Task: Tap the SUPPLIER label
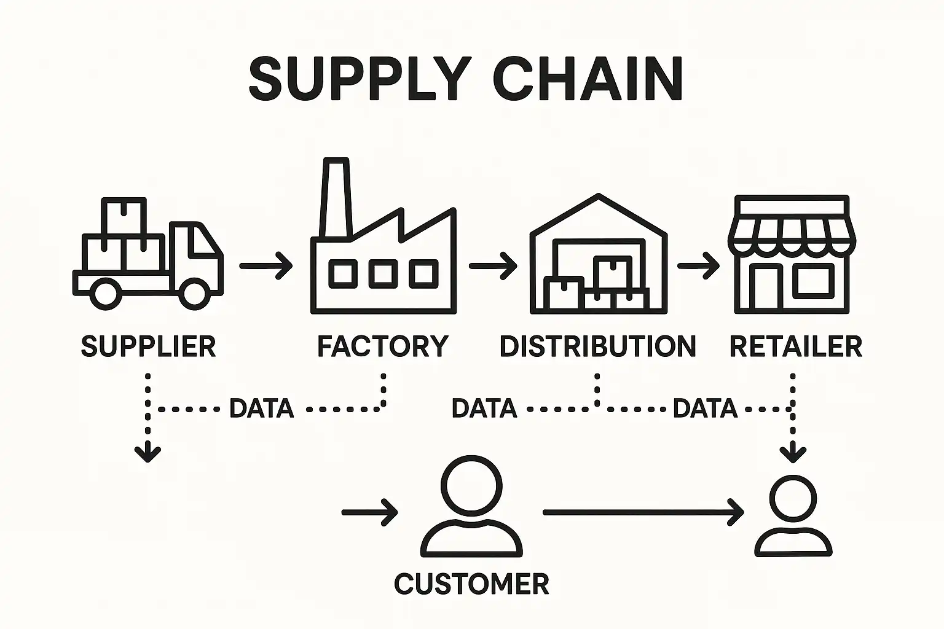coord(148,346)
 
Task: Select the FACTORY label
coord(382,346)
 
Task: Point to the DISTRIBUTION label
coord(597,346)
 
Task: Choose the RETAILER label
coord(795,346)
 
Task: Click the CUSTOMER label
coord(471,584)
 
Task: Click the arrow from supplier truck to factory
coord(266,265)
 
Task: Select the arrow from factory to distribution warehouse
coord(493,265)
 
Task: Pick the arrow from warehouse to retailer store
coord(699,265)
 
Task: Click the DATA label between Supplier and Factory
coord(261,408)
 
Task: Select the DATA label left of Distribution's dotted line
coord(484,408)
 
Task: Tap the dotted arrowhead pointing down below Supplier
coord(147,453)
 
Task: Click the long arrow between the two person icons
coord(642,512)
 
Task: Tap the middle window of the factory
coord(383,274)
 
